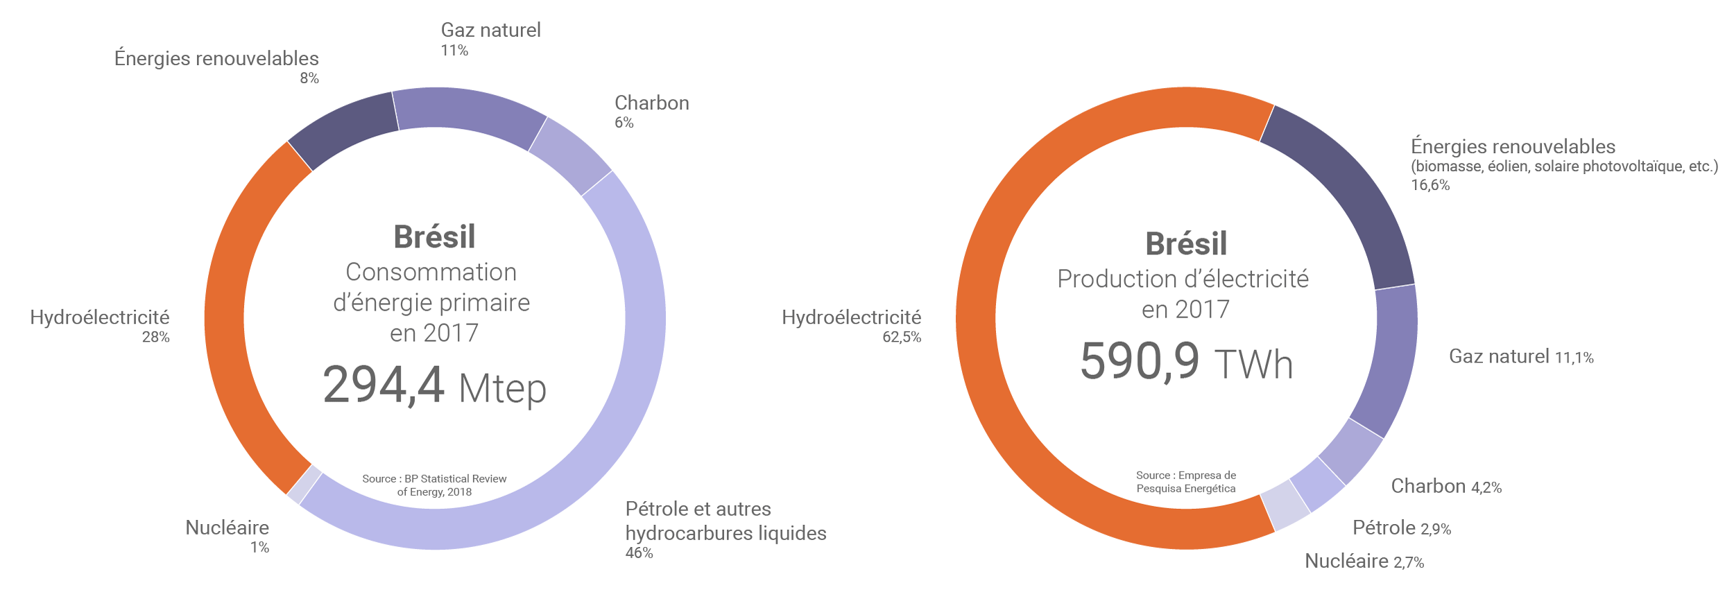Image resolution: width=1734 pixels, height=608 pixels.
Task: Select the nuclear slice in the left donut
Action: tap(304, 484)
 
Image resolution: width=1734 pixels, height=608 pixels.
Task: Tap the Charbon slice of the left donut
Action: tap(570, 156)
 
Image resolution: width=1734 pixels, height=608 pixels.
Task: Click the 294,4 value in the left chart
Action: tap(384, 385)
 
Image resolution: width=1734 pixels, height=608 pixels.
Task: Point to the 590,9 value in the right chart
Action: tap(1140, 361)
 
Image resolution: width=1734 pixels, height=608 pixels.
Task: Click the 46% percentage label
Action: tap(639, 553)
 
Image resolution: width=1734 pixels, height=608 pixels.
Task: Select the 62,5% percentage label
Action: tap(901, 338)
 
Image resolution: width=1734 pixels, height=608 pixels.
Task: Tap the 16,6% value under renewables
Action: tap(1430, 185)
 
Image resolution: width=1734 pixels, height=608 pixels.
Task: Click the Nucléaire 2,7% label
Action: tap(1364, 562)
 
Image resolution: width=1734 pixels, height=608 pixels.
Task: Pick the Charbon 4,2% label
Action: tap(1446, 487)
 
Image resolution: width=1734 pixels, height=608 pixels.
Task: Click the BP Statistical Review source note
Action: tap(434, 485)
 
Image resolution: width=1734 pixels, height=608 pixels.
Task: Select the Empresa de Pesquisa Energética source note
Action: tap(1186, 482)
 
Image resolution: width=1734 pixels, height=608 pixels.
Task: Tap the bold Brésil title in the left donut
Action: tap(434, 237)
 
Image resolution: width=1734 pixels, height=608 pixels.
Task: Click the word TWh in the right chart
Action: tap(1254, 365)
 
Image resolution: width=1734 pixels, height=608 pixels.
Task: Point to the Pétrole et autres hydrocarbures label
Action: tap(726, 521)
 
